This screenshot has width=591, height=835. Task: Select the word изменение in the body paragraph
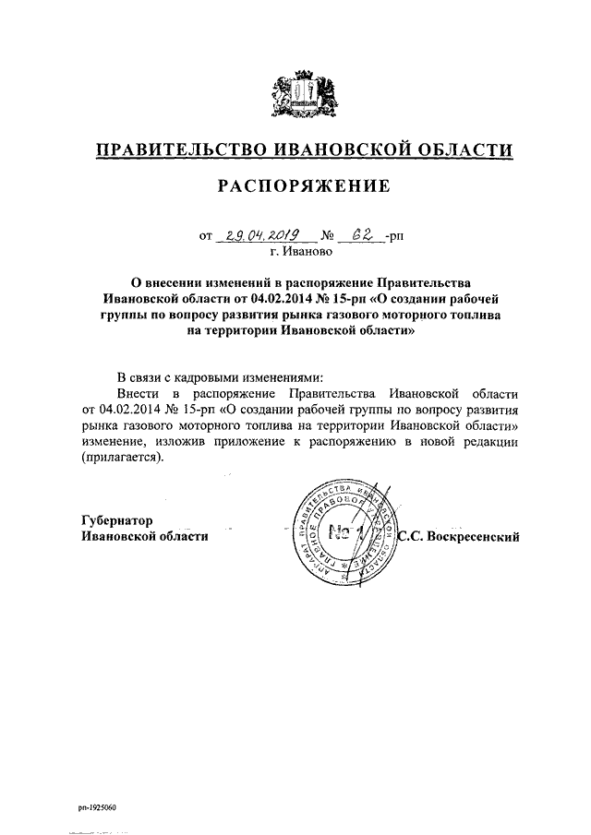click(x=115, y=442)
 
